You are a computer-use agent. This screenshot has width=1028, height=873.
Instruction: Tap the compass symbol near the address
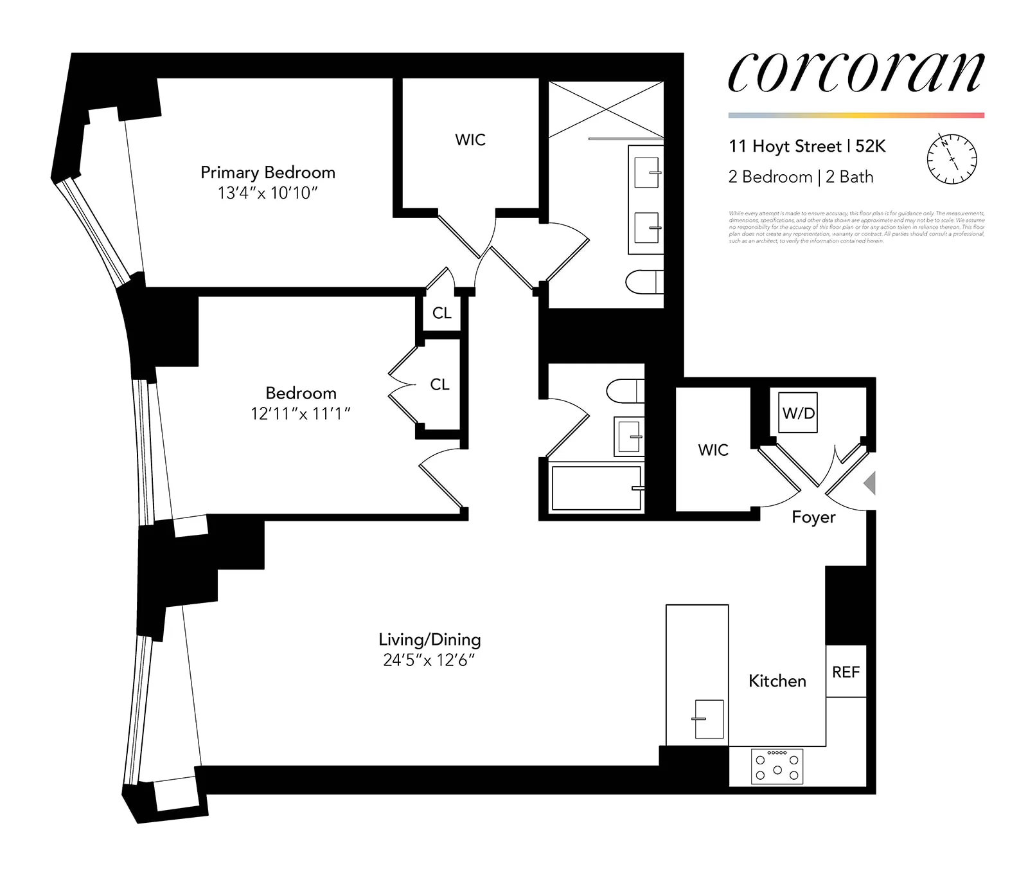tap(952, 159)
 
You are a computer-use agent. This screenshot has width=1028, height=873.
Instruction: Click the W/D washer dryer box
tap(799, 413)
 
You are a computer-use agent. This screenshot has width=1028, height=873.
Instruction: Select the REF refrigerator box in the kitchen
tap(846, 672)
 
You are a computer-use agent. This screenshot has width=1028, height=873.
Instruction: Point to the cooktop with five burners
tap(777, 766)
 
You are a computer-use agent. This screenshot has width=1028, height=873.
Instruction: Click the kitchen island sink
tap(709, 719)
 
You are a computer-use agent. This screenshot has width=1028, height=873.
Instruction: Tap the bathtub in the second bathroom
tap(596, 489)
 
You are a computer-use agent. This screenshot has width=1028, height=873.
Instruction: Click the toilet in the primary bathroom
tap(644, 282)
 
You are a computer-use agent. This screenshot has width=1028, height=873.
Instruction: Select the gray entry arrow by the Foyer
tap(869, 483)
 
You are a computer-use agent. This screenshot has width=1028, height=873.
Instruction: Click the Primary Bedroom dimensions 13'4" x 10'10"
tap(268, 193)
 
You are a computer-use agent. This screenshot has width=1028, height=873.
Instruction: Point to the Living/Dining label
tap(429, 640)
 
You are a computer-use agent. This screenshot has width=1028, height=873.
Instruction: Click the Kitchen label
tap(777, 681)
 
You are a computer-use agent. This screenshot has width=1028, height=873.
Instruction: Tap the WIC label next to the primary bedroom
tap(470, 140)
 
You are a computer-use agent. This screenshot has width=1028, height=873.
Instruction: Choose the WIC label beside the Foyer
tap(713, 450)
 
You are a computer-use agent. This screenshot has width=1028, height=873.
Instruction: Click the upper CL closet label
tap(442, 313)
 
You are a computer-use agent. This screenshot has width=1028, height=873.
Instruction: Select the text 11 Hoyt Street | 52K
tap(807, 147)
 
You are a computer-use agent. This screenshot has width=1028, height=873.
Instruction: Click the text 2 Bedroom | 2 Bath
tap(801, 177)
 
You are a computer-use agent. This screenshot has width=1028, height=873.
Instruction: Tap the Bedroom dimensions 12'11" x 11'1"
tap(300, 413)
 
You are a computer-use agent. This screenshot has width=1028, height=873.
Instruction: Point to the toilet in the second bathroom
tap(625, 390)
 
